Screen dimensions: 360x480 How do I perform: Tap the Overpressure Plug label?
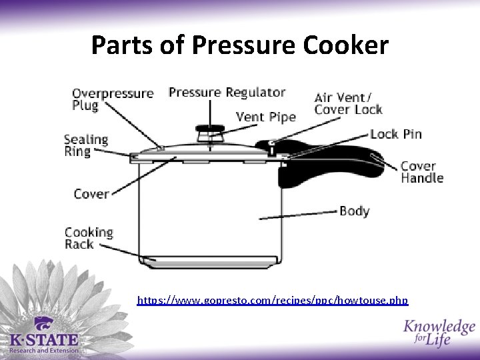coord(112,99)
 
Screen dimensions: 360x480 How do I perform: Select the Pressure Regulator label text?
coord(227,92)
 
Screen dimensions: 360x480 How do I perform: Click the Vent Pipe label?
coord(265,117)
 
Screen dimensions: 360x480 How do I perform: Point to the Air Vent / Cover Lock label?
coord(348,104)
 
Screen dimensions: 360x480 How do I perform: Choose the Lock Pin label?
coord(396,134)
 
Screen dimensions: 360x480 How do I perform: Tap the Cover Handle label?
coord(421,172)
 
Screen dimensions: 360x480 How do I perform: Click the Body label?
coord(354,211)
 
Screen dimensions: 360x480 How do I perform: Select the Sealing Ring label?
coord(85,145)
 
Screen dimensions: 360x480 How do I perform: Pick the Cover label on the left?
coord(91,194)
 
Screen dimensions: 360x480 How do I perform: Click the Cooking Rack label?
coord(88,238)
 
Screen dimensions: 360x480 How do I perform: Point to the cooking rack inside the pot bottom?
coord(210,260)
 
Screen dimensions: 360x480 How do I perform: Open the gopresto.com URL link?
coord(272,301)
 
